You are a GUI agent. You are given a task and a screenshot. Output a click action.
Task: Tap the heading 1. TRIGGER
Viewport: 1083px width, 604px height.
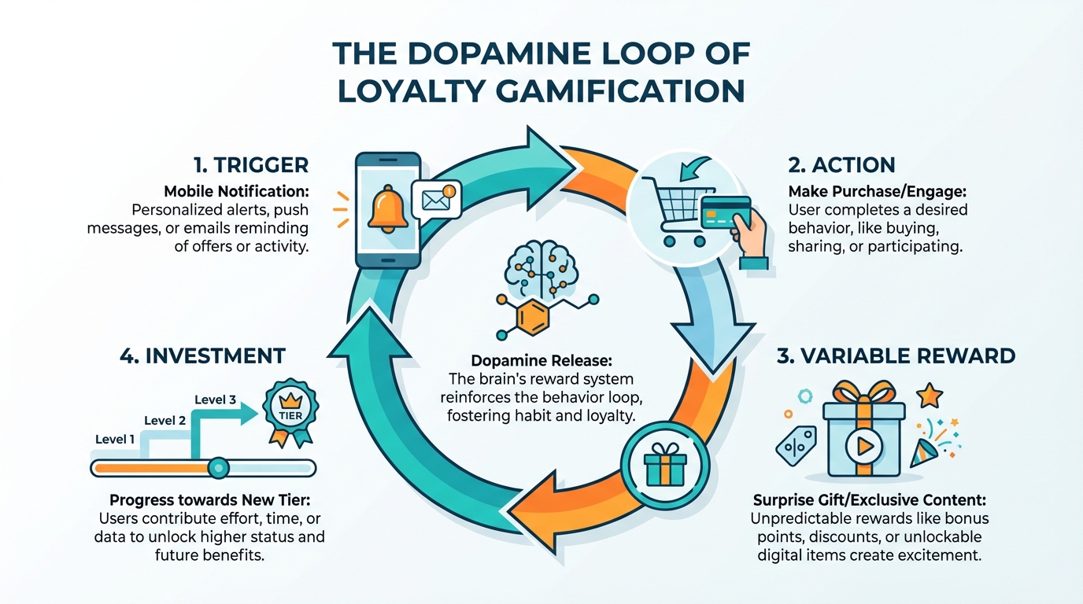[250, 165]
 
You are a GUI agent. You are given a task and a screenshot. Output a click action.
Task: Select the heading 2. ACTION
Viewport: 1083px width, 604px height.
[841, 165]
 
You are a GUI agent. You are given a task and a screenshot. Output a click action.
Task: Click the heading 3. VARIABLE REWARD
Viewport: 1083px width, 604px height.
[896, 355]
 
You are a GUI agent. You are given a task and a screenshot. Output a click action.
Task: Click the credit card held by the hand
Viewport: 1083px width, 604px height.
[725, 212]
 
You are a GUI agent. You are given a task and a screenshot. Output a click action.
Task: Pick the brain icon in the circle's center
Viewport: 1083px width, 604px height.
[541, 267]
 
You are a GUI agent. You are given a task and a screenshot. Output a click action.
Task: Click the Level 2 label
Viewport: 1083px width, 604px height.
[165, 420]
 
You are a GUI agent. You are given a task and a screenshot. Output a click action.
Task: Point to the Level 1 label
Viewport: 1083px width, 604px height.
[115, 439]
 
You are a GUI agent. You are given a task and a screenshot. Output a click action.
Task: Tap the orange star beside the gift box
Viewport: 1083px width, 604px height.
[930, 395]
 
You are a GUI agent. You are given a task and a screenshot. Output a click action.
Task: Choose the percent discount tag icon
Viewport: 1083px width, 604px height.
[795, 446]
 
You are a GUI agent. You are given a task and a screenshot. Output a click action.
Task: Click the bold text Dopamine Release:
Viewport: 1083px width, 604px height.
[540, 360]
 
